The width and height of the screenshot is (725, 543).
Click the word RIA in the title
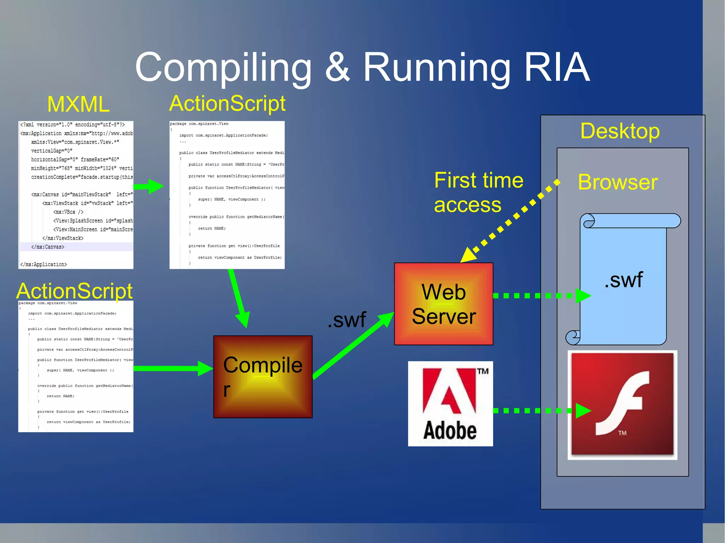[x=556, y=67]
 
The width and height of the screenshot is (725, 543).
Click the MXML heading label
[x=78, y=104]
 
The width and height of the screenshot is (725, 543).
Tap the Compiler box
[x=263, y=377]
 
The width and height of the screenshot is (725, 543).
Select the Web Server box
[x=444, y=304]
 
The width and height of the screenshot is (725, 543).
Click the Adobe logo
[x=450, y=404]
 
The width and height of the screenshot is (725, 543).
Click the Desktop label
[x=620, y=131]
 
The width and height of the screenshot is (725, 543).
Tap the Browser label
[x=618, y=183]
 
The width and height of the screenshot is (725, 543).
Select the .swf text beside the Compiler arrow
[x=347, y=320]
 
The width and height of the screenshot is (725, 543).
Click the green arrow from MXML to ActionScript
[x=149, y=186]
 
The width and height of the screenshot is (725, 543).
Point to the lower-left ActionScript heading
[x=74, y=291]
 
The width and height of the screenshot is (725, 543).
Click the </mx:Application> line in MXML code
[x=44, y=264]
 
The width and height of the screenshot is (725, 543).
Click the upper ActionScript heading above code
[x=227, y=104]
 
